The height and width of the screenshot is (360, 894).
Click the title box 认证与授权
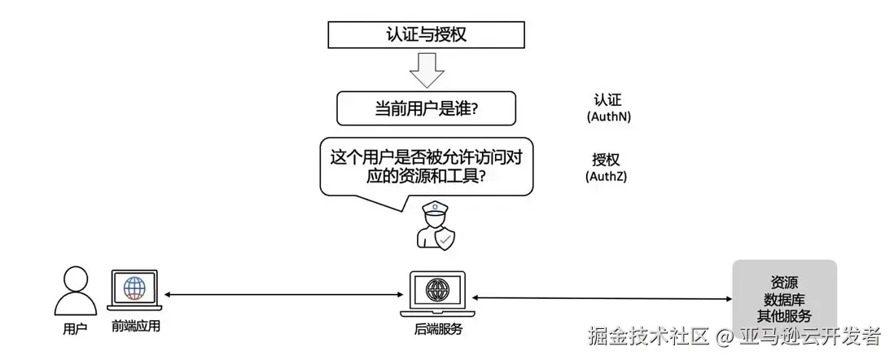pos(426,35)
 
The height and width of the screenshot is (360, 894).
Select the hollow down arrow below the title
pos(426,70)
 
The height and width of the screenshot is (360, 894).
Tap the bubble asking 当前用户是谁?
pos(426,109)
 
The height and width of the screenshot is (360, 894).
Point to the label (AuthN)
pos(608,116)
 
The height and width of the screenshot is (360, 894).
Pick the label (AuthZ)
pos(607,176)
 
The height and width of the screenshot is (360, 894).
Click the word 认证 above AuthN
pos(608,100)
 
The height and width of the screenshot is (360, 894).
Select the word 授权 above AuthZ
pos(607,159)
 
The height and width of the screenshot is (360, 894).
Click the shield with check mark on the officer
pos(445,239)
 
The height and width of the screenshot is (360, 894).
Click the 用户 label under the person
pos(75,328)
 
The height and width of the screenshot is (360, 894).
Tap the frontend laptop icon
pos(134,292)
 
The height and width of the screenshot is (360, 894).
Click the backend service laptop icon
pos(436,294)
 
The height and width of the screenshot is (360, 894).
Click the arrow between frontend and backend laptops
pos(285,293)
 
